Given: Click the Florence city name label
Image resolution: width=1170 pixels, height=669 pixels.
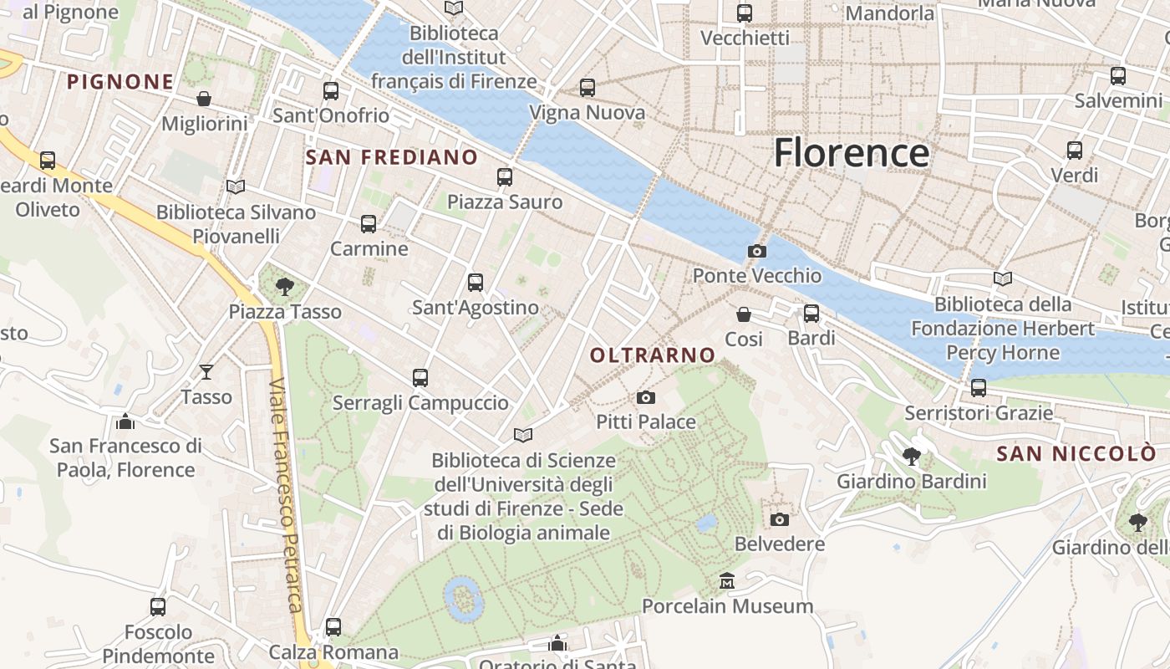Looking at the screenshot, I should [851, 153].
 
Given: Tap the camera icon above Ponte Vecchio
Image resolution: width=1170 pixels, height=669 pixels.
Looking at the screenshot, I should [757, 251].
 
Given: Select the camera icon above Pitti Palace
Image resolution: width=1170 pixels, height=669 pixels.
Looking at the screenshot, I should [646, 397].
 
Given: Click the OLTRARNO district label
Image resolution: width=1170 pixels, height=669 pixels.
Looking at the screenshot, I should [653, 355].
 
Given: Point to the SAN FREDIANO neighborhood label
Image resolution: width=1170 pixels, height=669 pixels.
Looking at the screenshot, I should [392, 157].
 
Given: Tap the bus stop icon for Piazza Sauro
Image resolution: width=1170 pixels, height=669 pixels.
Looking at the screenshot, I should [505, 177].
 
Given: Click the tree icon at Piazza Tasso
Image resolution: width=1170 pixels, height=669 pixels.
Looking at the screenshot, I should [285, 287].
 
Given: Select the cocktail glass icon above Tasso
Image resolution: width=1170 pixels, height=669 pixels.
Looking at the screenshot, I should [206, 371].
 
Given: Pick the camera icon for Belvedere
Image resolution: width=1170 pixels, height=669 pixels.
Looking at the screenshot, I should [780, 519].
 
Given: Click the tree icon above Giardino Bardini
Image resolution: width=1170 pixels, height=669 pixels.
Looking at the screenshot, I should [912, 457].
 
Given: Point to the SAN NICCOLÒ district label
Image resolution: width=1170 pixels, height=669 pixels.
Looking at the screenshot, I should [1077, 453].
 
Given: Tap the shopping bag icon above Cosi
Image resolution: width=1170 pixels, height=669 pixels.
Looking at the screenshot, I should [744, 314].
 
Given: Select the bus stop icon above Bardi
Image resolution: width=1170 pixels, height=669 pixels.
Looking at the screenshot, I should [811, 314].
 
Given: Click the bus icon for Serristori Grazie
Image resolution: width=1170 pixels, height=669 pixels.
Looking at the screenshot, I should [979, 388].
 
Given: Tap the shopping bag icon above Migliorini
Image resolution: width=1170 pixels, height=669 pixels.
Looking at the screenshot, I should [204, 99].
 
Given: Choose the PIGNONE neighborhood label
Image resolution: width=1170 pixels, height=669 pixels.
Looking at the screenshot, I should [120, 82].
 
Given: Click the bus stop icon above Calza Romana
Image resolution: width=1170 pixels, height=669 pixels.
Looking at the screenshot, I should [333, 626].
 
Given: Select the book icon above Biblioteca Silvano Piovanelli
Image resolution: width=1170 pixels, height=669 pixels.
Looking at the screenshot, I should [237, 186].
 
